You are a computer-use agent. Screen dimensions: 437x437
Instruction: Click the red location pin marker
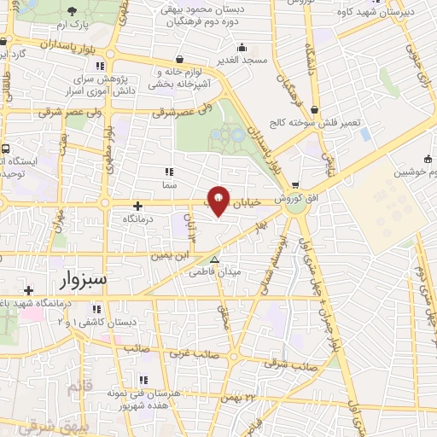coord(218,200)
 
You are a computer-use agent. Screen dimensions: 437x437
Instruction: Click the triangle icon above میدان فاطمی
coord(215,259)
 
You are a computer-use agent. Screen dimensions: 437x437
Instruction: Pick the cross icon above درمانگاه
coord(138,205)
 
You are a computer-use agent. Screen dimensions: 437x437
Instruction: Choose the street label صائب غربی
coord(193,353)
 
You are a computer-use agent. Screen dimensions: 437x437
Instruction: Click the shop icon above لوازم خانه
coord(179,60)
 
